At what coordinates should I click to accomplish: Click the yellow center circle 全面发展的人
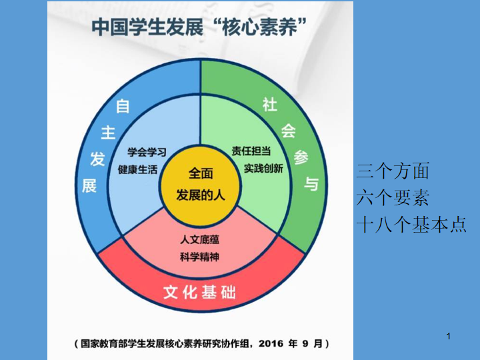[201, 185]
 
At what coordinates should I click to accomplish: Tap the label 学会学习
[147, 152]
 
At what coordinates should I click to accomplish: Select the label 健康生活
[138, 169]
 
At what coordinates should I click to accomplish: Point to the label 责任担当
[251, 151]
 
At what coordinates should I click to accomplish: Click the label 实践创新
[263, 168]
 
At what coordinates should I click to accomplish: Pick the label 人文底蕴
[199, 239]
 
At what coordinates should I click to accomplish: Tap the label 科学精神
[199, 257]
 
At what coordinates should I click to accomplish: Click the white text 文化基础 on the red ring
[199, 292]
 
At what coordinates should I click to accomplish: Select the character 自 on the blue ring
[123, 106]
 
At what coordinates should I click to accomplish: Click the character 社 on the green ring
[270, 105]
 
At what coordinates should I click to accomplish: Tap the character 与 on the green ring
[311, 184]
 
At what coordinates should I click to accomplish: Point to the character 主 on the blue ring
[108, 133]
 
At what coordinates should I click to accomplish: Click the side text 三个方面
[393, 171]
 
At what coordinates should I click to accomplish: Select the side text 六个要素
[393, 197]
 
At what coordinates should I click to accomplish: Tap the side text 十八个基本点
[411, 225]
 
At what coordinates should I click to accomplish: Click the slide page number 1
[449, 337]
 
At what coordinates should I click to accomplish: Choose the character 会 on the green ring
[289, 131]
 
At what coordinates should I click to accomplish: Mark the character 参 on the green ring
[301, 157]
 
